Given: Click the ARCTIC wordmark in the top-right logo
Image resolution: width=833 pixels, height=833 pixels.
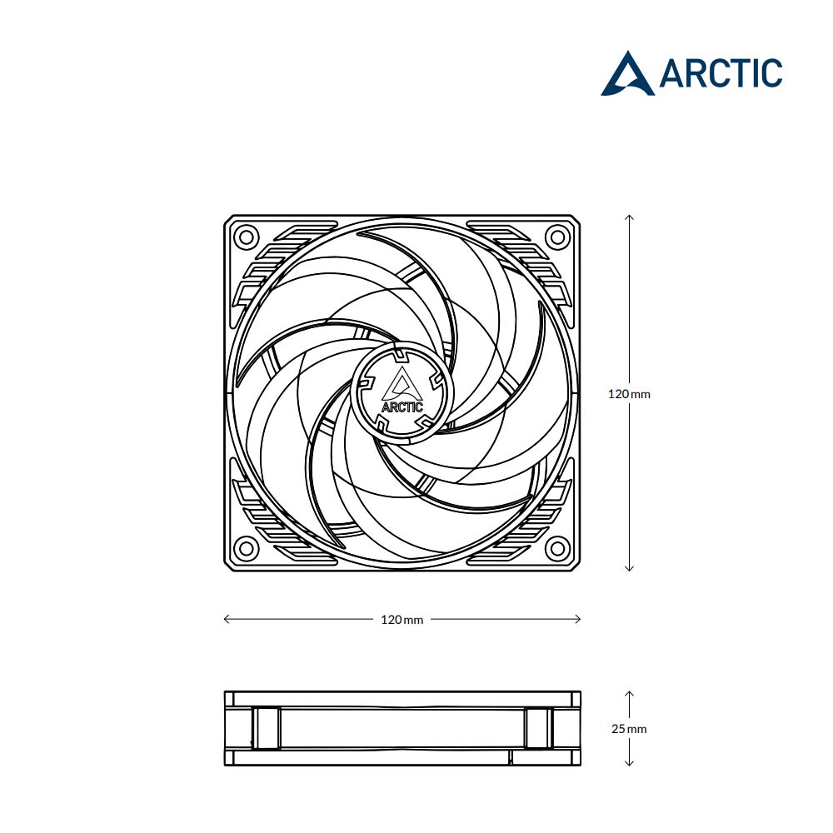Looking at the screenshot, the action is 721,72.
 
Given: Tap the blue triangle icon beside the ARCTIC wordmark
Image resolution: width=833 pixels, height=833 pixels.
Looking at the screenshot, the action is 627,74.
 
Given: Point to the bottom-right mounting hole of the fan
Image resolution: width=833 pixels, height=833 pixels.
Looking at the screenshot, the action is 557,548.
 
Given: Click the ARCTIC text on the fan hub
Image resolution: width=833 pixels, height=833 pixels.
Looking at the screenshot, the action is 402,407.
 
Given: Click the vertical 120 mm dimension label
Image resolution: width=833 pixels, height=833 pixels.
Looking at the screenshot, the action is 629,394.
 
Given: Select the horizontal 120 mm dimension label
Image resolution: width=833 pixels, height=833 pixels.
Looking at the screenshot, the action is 402,620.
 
